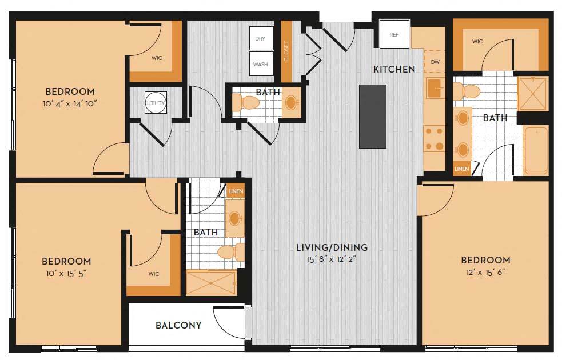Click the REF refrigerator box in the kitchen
coord(394,34)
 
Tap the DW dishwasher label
coord(435,62)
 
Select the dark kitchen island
coord(373,116)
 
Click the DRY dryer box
coord(260,39)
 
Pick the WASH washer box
coord(260,64)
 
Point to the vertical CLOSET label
coord(286,51)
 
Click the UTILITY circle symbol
coord(156,103)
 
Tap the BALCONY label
coord(178,325)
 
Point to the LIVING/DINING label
coord(332,247)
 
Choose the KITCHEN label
coord(394,69)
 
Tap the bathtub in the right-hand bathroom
coord(536,150)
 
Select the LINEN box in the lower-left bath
coord(236,192)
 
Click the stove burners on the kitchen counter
coord(434,139)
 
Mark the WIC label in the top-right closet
coord(477,41)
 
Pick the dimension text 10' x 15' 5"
coord(66,273)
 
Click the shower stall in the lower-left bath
coord(211,282)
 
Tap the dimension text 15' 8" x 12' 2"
coord(332,258)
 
